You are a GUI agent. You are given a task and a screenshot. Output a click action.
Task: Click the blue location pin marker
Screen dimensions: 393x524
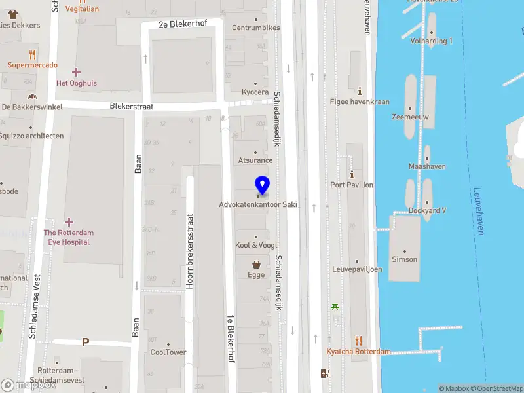point(262,185)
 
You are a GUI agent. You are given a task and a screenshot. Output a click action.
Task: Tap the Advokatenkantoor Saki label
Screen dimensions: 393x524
point(258,204)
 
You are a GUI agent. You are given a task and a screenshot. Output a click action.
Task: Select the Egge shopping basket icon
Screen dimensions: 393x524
point(256,265)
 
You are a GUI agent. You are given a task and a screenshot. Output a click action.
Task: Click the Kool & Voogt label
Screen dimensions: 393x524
point(256,245)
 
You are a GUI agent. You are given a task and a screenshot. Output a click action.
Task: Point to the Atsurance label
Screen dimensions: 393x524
point(255,160)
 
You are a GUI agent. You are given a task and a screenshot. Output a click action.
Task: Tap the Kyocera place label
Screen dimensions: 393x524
point(255,92)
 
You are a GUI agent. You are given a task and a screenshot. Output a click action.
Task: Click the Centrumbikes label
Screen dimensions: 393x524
point(255,28)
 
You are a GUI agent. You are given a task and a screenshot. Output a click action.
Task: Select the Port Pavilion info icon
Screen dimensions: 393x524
point(352,174)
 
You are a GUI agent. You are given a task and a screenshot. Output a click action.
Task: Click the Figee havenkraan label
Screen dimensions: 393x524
point(360,102)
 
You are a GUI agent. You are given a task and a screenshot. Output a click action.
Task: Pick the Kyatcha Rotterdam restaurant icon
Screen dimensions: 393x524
point(358,341)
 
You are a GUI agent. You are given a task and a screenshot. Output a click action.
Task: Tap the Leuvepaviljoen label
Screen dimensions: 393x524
point(357,269)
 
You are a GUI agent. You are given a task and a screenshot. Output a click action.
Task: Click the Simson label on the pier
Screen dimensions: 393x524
point(404,259)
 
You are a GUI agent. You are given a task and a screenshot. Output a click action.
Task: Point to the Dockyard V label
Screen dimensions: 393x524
point(427,210)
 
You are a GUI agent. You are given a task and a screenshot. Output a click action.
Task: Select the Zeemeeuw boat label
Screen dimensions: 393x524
point(410,117)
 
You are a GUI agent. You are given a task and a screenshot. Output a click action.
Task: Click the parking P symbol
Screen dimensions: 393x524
point(85,342)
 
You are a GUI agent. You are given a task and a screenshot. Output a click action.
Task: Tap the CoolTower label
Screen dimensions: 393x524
point(168,352)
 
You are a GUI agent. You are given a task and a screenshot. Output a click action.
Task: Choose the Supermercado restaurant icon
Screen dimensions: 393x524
point(32,54)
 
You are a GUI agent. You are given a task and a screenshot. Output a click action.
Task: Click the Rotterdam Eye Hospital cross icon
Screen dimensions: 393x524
point(69,222)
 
